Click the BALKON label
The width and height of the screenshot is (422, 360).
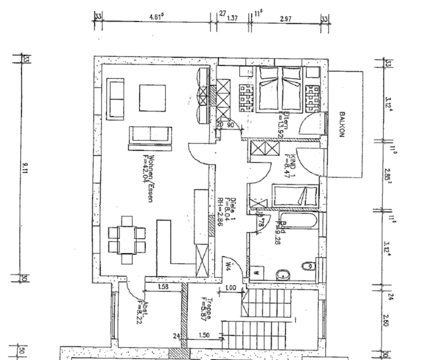click(x=342, y=124)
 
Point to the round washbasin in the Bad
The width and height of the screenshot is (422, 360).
click(x=283, y=274)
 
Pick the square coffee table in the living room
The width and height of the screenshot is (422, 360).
click(x=152, y=98)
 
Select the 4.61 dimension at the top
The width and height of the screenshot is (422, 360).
click(x=157, y=17)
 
